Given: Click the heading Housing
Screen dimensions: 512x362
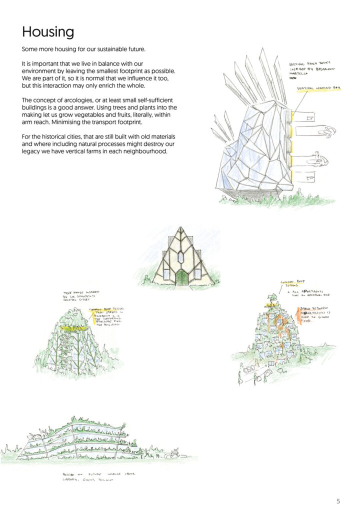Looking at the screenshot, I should (48, 32).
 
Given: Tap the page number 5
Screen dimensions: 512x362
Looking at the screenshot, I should (338, 500).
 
